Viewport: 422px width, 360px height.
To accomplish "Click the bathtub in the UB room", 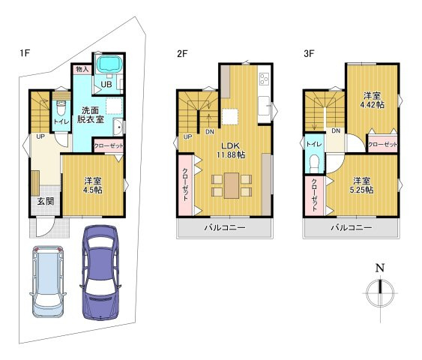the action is point(109,64).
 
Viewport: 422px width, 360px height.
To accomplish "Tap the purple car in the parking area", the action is point(100,272).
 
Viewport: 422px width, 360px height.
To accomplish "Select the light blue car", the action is point(48,281).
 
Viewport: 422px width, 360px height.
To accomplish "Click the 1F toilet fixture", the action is point(61,108).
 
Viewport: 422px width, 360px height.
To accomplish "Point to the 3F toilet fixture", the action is point(314,164).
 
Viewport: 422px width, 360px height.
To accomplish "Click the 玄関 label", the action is point(46,201).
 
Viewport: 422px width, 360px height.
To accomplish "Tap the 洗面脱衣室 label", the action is point(91,115).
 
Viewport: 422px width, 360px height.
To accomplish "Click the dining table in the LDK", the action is point(232,185).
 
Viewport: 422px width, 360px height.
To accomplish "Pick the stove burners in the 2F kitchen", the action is point(264,79).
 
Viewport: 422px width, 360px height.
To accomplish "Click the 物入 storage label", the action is point(82,70).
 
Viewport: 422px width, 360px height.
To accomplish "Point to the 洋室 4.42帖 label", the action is point(373,100).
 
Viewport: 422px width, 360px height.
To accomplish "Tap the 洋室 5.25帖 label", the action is point(361,185).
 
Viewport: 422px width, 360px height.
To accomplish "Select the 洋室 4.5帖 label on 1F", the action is point(93,185).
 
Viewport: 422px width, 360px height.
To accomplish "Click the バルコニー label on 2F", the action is point(225,228).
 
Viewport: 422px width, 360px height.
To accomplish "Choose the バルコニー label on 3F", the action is point(352,228).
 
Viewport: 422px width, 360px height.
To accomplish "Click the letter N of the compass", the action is point(380,268).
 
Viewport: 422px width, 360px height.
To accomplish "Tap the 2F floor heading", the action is point(182,54).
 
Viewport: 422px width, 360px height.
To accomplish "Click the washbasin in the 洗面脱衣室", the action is point(118,127).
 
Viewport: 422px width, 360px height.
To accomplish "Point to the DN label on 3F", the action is point(336,130).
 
